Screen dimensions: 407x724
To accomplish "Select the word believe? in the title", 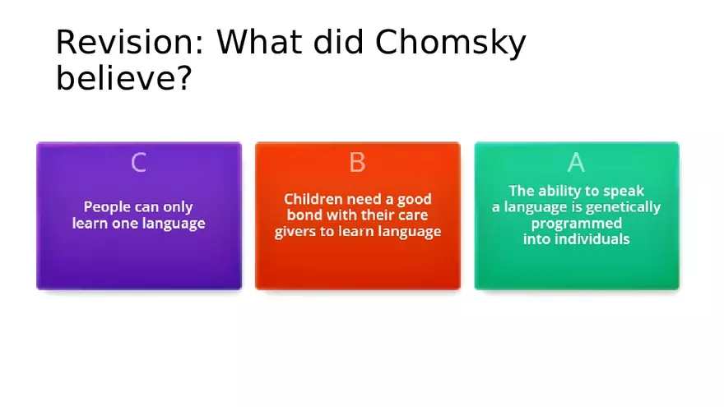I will tap(124, 79).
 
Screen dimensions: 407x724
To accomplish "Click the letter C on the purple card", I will tap(138, 163).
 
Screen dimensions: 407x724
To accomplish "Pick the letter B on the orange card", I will tap(357, 163).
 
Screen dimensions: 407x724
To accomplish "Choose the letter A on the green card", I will tap(576, 163).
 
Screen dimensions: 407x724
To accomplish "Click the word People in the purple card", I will tap(106, 207).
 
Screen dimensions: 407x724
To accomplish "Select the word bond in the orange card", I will tap(304, 215).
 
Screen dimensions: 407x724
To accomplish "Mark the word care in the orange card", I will tap(415, 215).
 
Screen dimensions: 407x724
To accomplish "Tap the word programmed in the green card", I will tap(576, 224).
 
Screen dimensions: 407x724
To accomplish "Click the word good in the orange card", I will tap(411, 199).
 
